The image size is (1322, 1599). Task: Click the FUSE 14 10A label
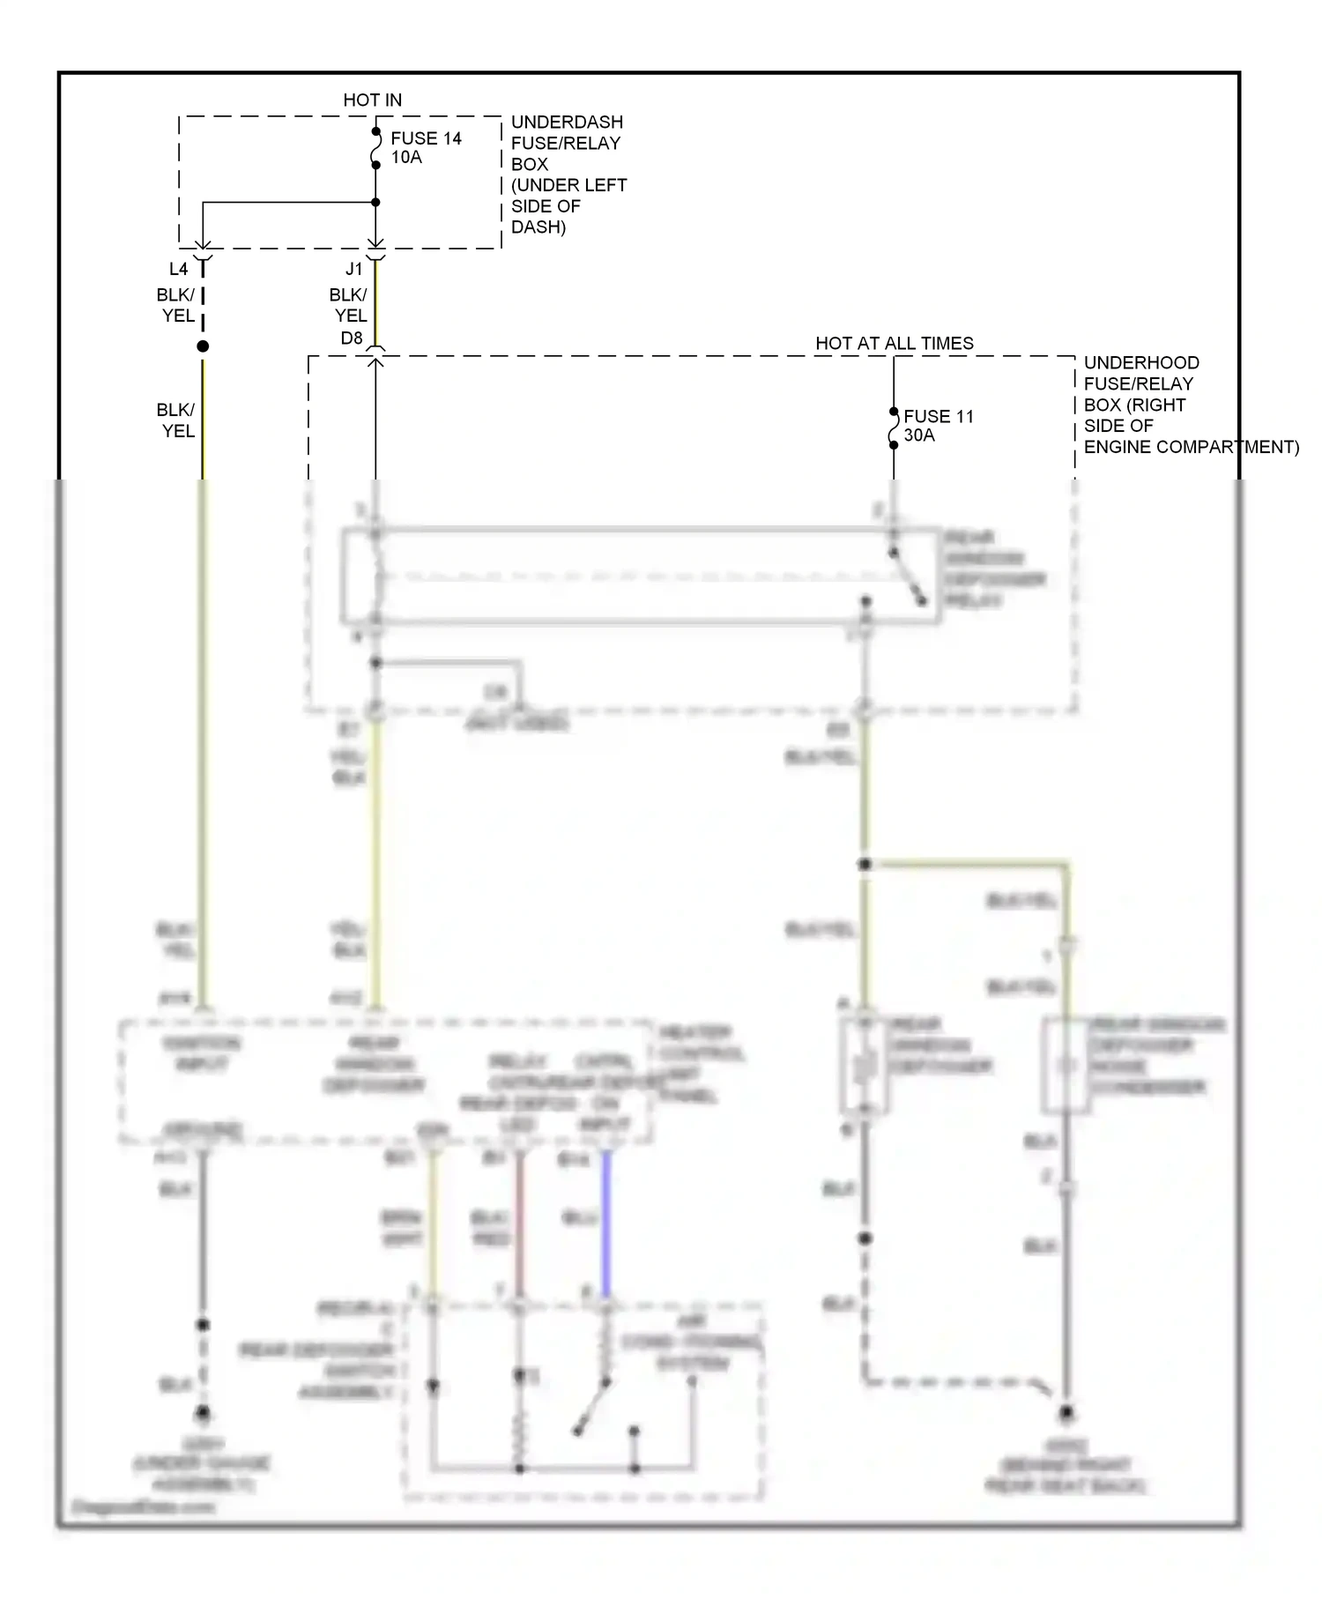point(426,148)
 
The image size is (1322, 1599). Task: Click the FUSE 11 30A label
point(938,426)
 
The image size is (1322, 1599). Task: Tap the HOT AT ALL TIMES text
point(894,344)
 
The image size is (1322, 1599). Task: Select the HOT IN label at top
point(372,100)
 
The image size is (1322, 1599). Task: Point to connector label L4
point(178,270)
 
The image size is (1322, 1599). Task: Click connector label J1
point(353,270)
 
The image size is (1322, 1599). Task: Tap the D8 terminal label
point(351,338)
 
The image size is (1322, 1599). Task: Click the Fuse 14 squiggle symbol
point(376,148)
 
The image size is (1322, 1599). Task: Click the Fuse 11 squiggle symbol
point(894,428)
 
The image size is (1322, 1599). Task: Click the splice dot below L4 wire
point(203,346)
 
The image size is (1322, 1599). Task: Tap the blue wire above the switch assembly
point(605,1225)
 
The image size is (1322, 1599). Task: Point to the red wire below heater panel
point(519,1225)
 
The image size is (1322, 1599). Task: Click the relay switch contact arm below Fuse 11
point(908,578)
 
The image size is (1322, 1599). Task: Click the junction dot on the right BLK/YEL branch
point(865,865)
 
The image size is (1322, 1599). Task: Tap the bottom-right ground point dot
point(1066,1414)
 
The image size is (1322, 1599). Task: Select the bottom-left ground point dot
point(203,1414)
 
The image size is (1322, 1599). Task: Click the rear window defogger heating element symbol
point(865,1067)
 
